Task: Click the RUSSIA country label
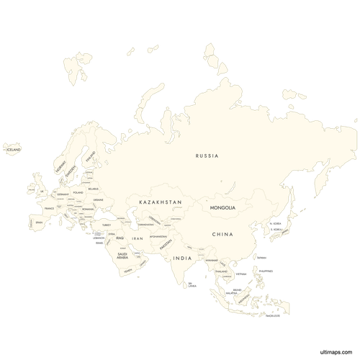(207, 156)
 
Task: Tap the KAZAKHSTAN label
(161, 203)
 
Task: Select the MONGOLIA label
(222, 208)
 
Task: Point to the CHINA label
(222, 235)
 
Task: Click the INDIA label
(182, 258)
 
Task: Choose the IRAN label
(138, 238)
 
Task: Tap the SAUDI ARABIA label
(122, 256)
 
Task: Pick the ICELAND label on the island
(12, 150)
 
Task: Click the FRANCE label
(50, 208)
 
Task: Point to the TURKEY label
(106, 225)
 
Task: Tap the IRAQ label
(120, 238)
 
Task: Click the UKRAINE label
(99, 199)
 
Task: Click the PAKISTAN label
(163, 246)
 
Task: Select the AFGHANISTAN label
(158, 237)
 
